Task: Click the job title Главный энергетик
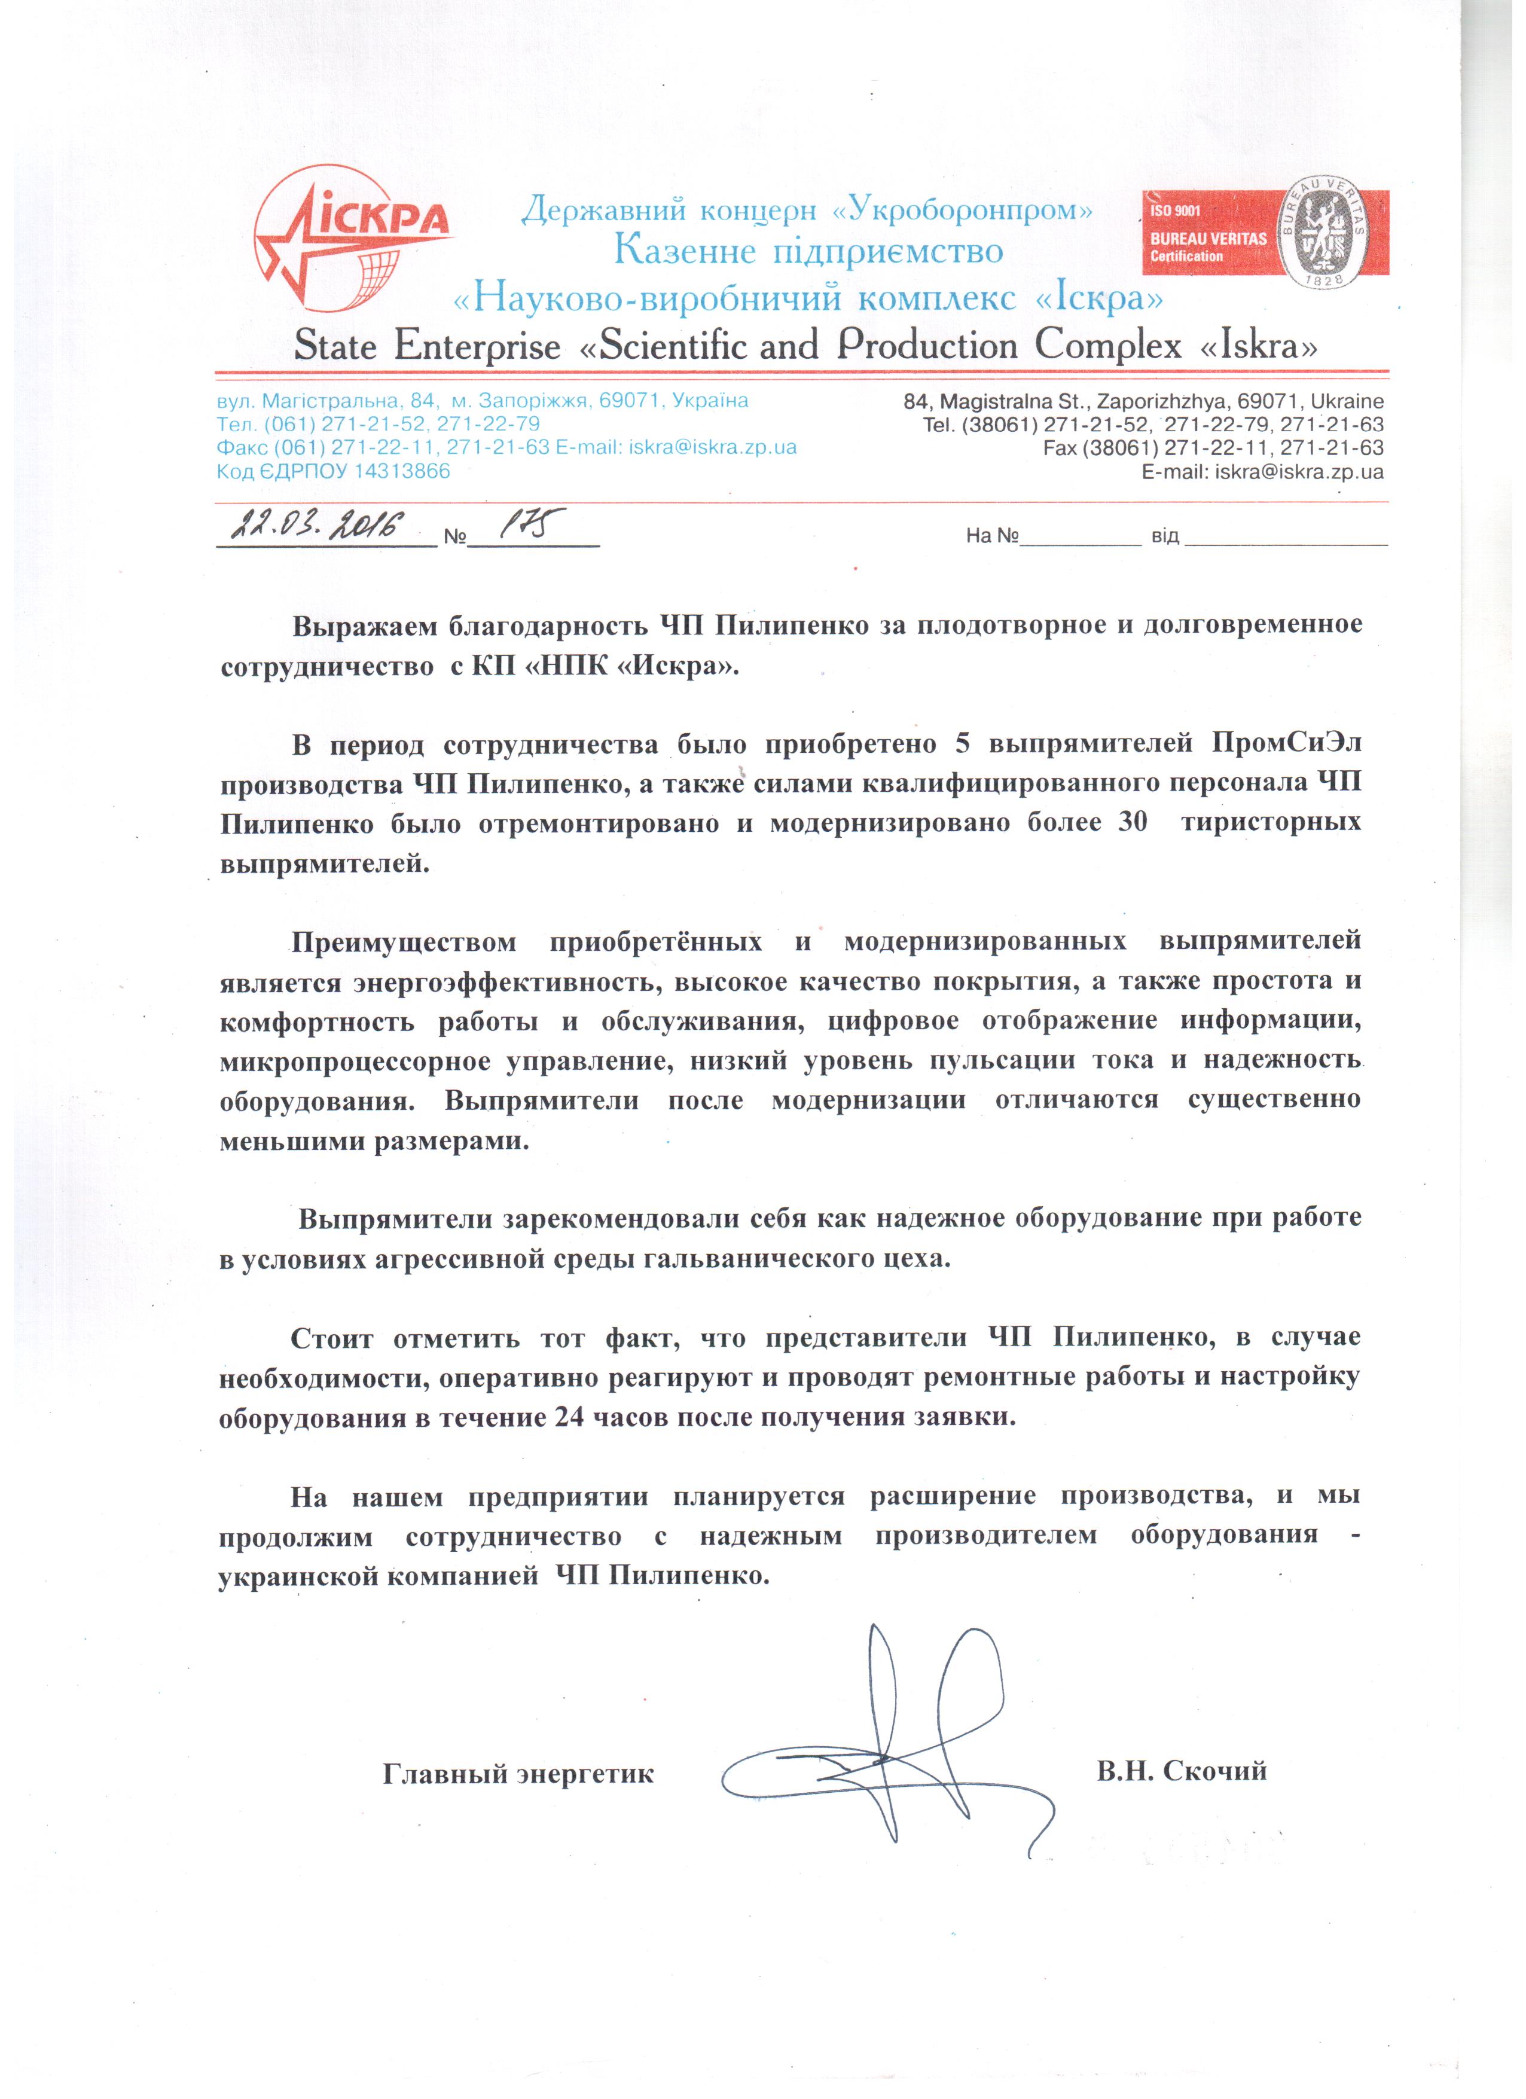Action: (518, 1774)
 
